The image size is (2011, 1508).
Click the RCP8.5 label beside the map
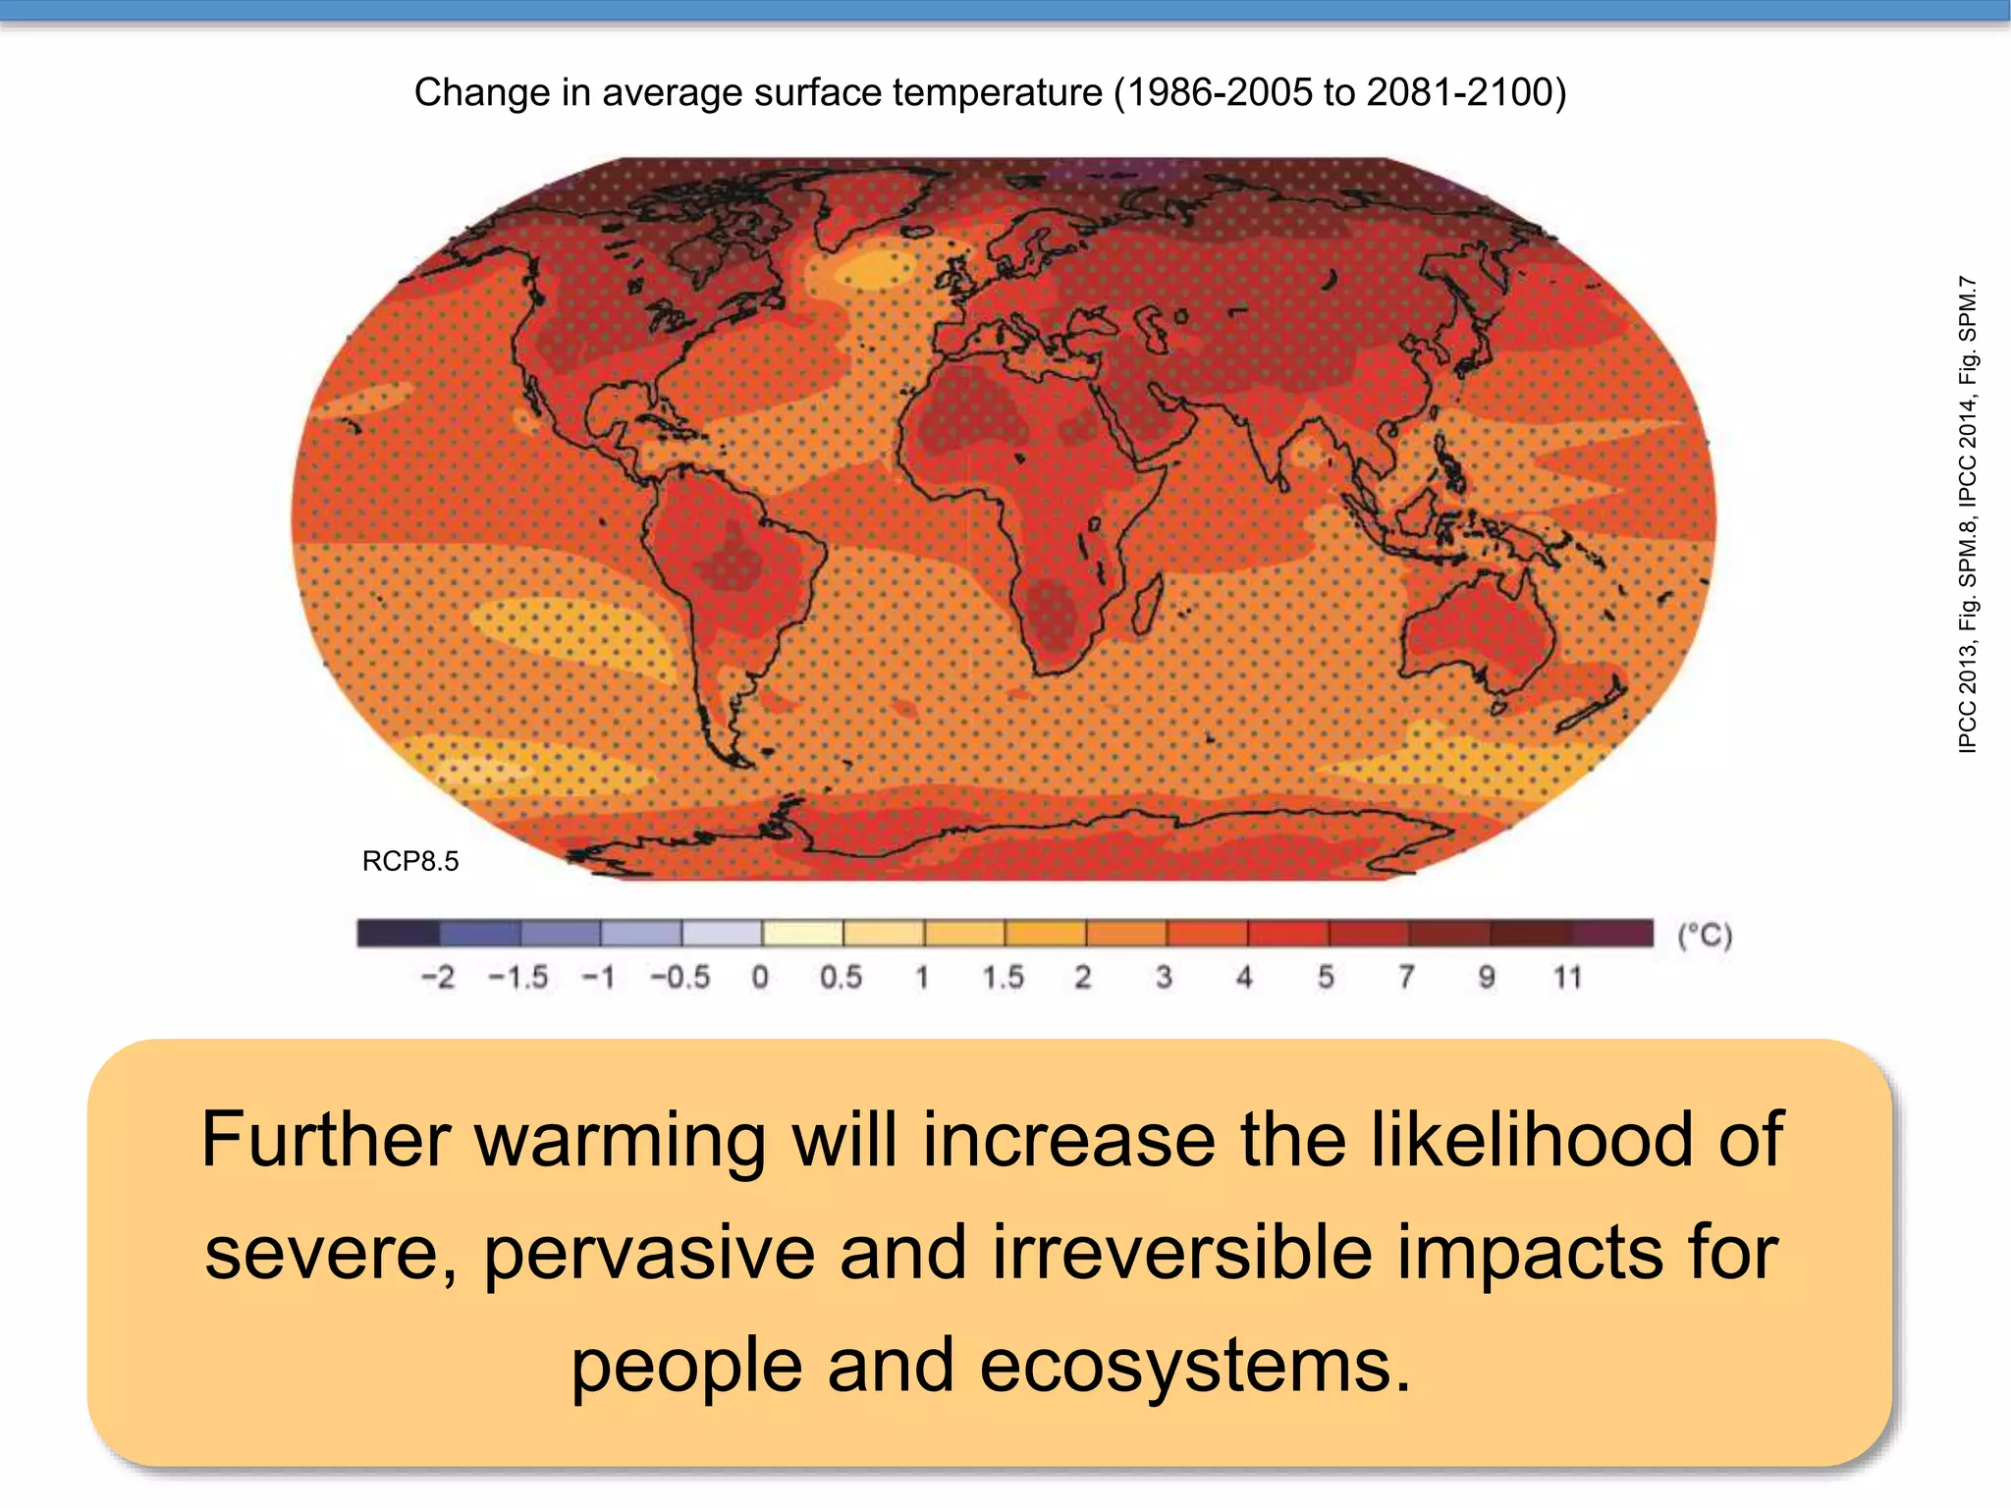tap(409, 861)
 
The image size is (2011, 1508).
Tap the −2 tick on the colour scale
tap(437, 977)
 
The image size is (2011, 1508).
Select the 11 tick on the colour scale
tap(1567, 977)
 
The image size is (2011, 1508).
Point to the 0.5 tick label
tap(841, 977)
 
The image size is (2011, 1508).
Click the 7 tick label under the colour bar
tap(1406, 977)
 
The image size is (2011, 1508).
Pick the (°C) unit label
tap(1704, 935)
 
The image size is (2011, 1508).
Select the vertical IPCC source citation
tap(1967, 514)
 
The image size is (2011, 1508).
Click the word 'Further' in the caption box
tap(326, 1140)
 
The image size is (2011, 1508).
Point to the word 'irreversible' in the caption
tap(1181, 1253)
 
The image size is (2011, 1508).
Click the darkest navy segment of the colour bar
tap(398, 933)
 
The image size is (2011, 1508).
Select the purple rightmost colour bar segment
tap(1613, 933)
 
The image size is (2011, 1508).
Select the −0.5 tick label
tap(679, 977)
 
